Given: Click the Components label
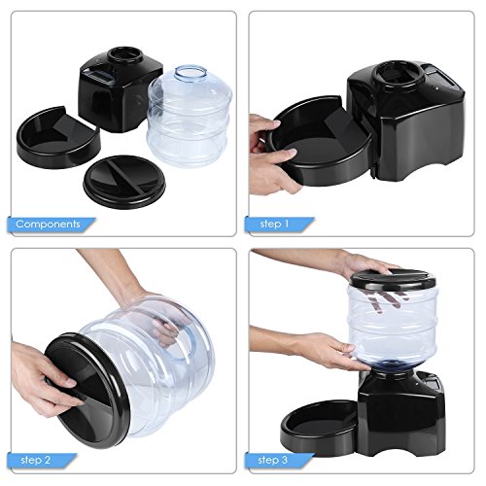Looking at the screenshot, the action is [x=48, y=225].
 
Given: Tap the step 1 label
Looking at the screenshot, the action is [x=274, y=224].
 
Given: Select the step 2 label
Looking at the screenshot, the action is [x=36, y=460].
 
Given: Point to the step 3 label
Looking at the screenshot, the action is [x=273, y=460].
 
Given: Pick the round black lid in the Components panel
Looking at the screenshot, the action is [x=124, y=182].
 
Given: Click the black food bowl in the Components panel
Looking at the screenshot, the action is [x=58, y=138].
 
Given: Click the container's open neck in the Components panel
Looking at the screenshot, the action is [x=191, y=72].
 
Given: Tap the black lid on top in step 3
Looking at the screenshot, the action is [x=393, y=279].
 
